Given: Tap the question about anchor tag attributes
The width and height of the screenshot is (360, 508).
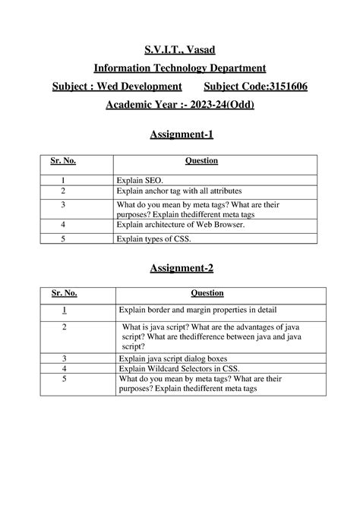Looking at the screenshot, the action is (x=178, y=192).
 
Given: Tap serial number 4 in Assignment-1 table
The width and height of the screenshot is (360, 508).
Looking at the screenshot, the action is (x=64, y=226).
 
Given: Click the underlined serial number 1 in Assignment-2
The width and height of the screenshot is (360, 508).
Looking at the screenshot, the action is (x=65, y=310).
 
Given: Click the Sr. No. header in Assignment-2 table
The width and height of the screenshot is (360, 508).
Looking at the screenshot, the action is (x=65, y=293).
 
